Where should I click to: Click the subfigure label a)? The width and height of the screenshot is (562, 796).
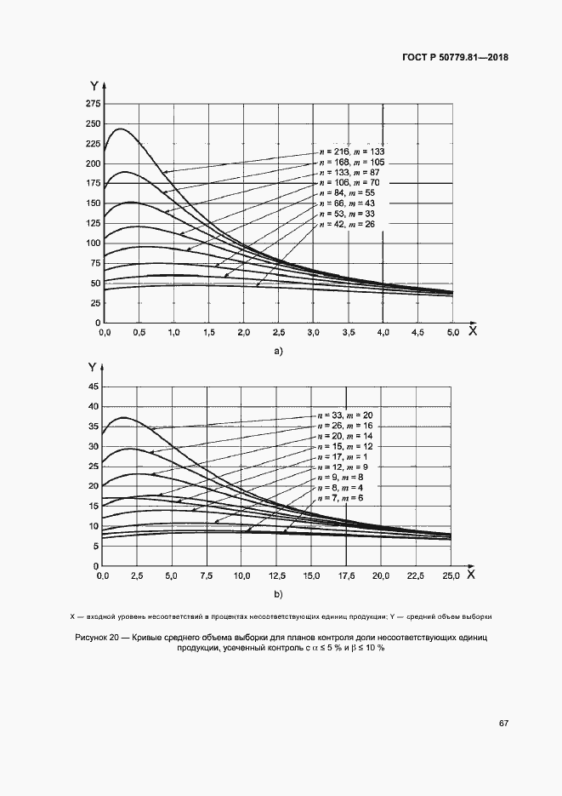pyautogui.click(x=277, y=351)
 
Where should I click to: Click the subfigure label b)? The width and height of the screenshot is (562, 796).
pyautogui.click(x=277, y=594)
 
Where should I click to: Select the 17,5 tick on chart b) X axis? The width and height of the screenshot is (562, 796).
pyautogui.click(x=346, y=576)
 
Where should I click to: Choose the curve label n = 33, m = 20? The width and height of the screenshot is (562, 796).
pyautogui.click(x=344, y=415)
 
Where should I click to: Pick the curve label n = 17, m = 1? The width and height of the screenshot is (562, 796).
pyautogui.click(x=343, y=455)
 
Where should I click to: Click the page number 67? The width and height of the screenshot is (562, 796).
pyautogui.click(x=503, y=723)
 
